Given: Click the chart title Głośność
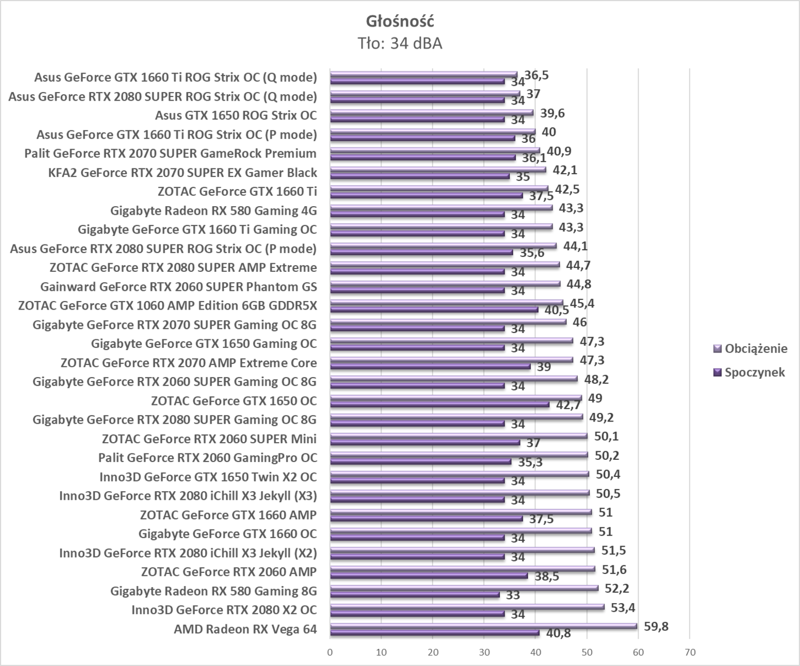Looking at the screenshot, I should coord(400,21).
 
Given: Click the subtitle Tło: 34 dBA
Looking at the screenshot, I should coord(400,43).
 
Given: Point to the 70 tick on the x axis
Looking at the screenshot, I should coord(690,652).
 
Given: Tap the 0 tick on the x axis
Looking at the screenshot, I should coord(330,652).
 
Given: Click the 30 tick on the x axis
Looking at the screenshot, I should coord(484,652).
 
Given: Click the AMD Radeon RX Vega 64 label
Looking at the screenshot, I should coord(245,629).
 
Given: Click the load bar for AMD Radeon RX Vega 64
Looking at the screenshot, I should coord(483,626).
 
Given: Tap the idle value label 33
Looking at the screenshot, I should coord(513,595).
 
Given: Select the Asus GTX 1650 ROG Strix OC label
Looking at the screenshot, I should coord(235,115).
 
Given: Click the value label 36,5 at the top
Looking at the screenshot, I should coord(537,75).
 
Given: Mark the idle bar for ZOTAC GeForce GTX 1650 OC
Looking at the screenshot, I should coord(439,404).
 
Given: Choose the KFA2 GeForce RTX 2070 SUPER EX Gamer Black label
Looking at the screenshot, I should coord(182,172).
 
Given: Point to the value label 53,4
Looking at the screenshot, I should coord(623,607).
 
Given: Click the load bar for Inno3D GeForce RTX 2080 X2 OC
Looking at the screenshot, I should coord(466,607).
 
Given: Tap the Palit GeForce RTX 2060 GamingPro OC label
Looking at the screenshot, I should coord(207,458).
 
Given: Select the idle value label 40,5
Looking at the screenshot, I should coord(557,310).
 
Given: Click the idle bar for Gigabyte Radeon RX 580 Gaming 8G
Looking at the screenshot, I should coord(414,595).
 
